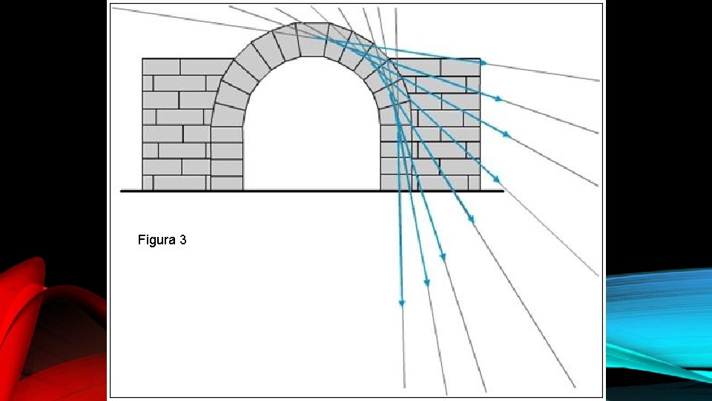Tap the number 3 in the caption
[x=182, y=241]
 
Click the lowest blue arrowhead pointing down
[x=402, y=302]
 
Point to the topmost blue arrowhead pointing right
[x=484, y=63]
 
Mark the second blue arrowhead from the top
[x=498, y=98]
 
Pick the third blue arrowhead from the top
[x=506, y=134]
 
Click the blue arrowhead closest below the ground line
[x=470, y=218]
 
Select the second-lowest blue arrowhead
[x=426, y=282]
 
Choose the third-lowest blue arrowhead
[x=443, y=257]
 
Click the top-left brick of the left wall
[x=161, y=67]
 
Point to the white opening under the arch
[x=311, y=134]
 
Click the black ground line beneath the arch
[x=311, y=191]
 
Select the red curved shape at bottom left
[x=44, y=334]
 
